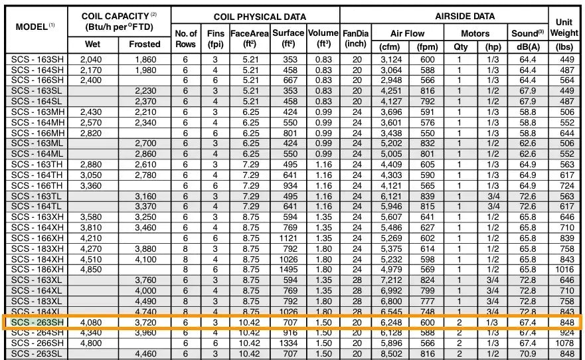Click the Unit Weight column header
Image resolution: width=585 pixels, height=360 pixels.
pyautogui.click(x=564, y=27)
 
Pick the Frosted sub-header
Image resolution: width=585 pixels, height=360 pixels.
pyautogui.click(x=145, y=45)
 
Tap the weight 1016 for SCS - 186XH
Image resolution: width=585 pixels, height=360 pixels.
pyautogui.click(x=564, y=270)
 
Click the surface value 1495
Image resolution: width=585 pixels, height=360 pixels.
pyautogui.click(x=288, y=270)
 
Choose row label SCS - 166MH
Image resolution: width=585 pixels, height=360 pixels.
pyautogui.click(x=38, y=133)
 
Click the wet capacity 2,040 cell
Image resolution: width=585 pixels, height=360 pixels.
pyautogui.click(x=91, y=59)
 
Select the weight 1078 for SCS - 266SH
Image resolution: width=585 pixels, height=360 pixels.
pyautogui.click(x=564, y=344)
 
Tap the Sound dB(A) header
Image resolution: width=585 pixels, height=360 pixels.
pyautogui.click(x=528, y=39)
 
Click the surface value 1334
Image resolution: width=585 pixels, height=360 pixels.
pyautogui.click(x=288, y=344)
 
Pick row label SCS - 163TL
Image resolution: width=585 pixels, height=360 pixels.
pyautogui.click(x=38, y=196)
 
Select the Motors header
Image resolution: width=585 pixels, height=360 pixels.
pyautogui.click(x=475, y=33)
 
